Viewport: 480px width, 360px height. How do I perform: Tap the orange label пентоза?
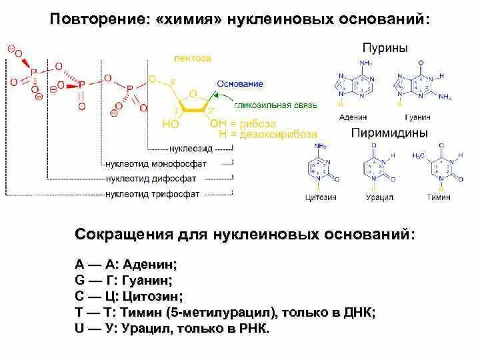193,58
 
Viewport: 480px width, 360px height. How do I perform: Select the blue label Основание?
239,84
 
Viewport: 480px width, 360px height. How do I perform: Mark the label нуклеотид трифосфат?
153,194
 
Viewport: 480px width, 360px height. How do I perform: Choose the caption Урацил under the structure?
379,197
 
